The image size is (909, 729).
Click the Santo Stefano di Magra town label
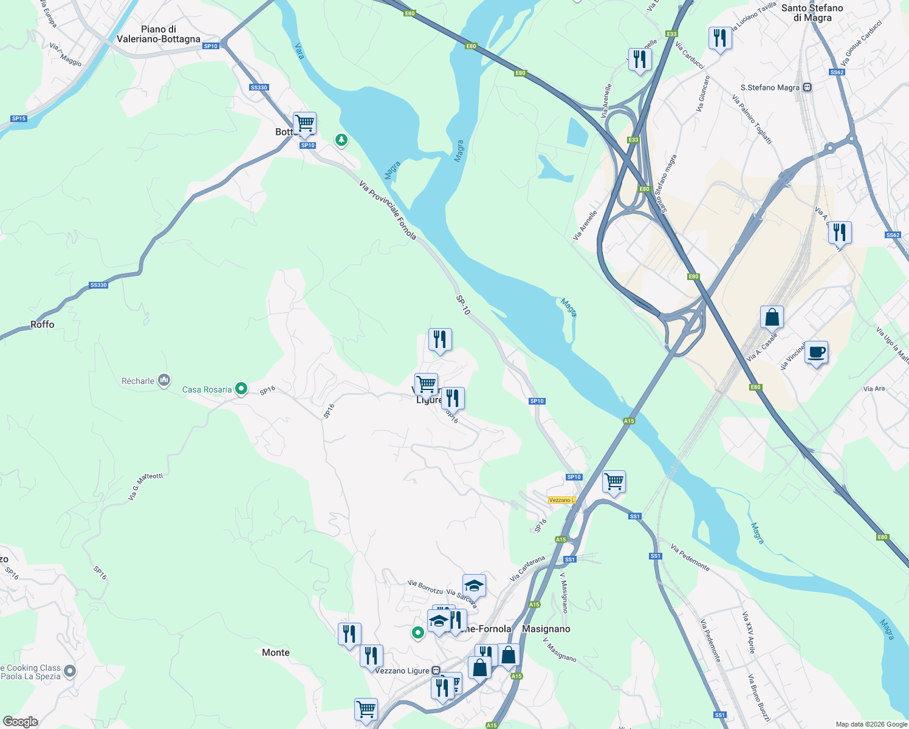(812, 13)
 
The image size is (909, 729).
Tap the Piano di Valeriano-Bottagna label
(159, 34)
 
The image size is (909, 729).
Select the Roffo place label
(43, 324)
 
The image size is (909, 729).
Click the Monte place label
(276, 652)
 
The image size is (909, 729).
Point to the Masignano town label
(546, 629)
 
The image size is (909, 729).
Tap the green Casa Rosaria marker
(241, 388)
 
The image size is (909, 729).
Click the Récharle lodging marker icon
(163, 381)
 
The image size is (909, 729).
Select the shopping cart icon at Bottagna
(304, 123)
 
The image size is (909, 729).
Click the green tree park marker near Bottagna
(341, 140)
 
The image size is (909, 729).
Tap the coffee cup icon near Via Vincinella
(816, 352)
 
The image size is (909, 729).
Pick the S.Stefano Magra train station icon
(807, 87)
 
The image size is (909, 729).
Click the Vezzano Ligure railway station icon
(436, 671)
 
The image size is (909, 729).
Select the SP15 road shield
(19, 118)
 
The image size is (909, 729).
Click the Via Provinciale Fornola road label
(388, 210)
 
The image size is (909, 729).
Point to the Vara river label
(299, 50)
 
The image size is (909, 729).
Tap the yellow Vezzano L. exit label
(561, 500)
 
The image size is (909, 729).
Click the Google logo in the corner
(20, 721)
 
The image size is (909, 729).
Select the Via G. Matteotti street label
(145, 487)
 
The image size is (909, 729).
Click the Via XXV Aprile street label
(748, 632)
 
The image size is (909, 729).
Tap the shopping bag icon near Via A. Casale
(772, 317)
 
